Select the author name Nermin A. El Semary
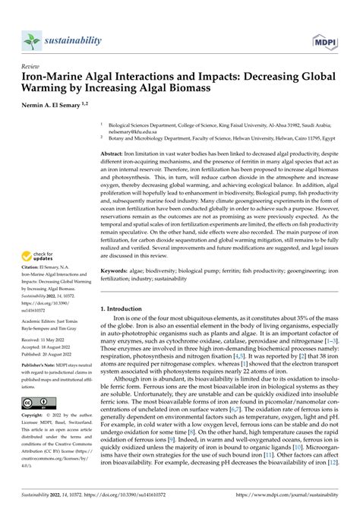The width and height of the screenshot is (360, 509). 55,103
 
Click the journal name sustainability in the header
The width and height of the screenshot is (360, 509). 74,40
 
